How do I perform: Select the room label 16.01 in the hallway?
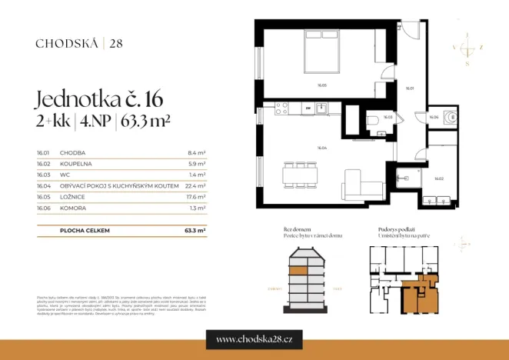click(x=410, y=88)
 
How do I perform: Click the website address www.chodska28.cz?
click(x=254, y=339)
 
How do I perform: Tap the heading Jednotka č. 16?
click(x=99, y=100)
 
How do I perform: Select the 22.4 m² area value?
click(x=196, y=185)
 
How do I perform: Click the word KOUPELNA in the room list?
click(x=75, y=164)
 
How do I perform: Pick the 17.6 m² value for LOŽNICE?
click(x=196, y=196)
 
